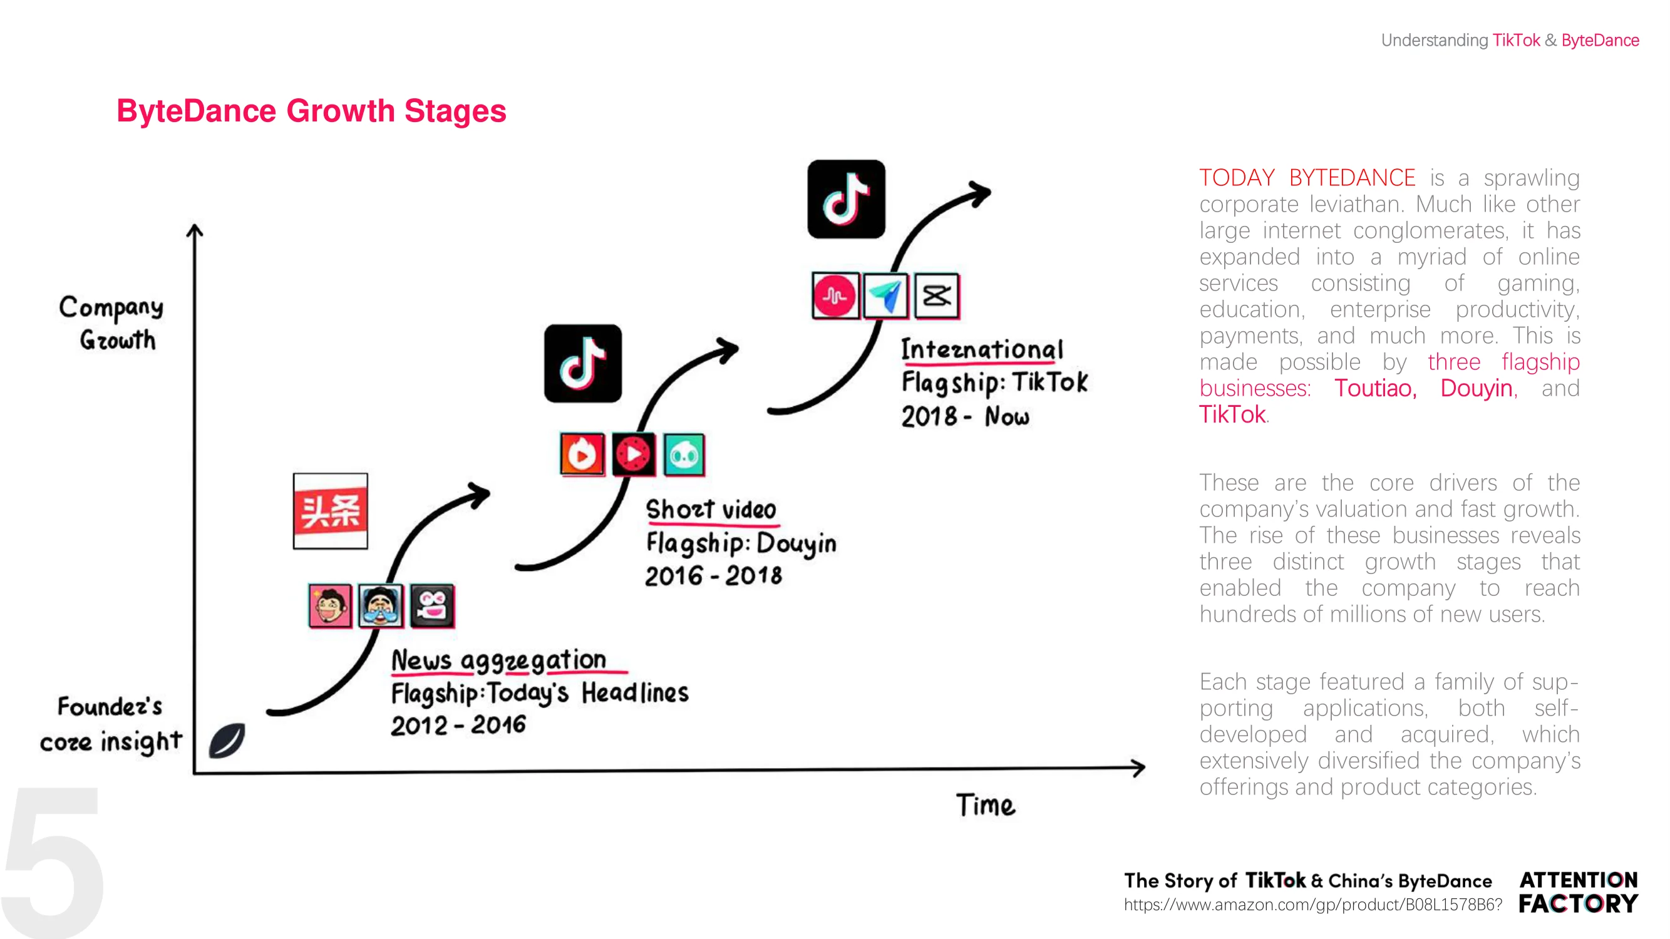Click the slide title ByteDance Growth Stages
[x=311, y=111]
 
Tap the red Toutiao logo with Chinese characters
[x=331, y=511]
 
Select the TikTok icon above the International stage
[x=846, y=199]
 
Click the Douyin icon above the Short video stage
[x=583, y=364]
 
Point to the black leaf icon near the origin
[x=227, y=740]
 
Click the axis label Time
[x=986, y=806]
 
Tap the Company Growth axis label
[x=111, y=323]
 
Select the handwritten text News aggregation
[x=498, y=660]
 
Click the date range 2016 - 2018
[x=714, y=575]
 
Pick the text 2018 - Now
[x=966, y=416]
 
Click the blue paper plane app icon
[x=885, y=296]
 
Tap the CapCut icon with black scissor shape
[x=937, y=296]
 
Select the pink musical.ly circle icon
[x=835, y=296]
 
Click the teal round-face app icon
[x=684, y=455]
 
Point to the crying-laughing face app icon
[x=381, y=606]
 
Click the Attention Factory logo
[x=1579, y=891]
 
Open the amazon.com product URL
[x=1313, y=905]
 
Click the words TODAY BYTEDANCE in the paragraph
[x=1307, y=178]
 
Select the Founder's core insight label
[x=110, y=724]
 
